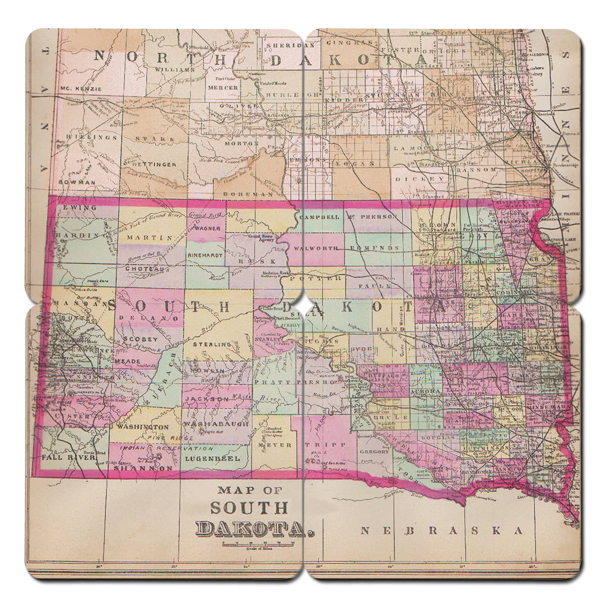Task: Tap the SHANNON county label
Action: pyautogui.click(x=143, y=468)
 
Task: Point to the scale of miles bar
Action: pyautogui.click(x=258, y=543)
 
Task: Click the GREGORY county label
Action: pyautogui.click(x=374, y=451)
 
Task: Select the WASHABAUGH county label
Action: pyautogui.click(x=216, y=424)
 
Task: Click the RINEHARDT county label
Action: pyautogui.click(x=205, y=256)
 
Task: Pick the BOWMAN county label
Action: pyautogui.click(x=76, y=182)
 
